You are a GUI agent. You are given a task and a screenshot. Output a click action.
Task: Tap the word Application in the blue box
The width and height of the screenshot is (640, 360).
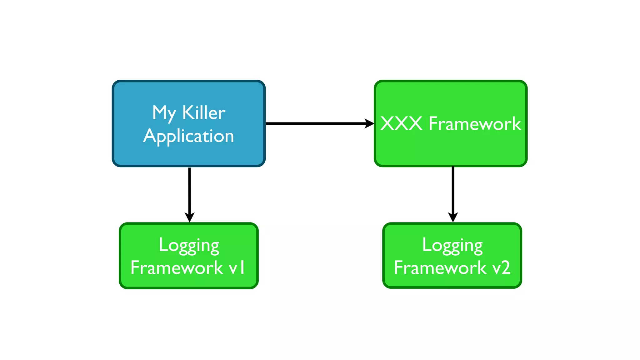[189, 136]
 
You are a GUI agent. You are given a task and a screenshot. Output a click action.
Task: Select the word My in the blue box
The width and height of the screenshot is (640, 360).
[164, 113]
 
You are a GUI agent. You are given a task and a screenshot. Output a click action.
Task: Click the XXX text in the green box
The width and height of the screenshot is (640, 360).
[402, 124]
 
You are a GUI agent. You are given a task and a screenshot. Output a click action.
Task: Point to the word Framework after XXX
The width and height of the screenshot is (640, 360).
[475, 124]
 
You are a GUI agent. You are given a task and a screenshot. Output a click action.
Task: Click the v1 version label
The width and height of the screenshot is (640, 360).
[237, 268]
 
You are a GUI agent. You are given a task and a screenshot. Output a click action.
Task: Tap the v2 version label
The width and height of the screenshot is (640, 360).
[501, 268]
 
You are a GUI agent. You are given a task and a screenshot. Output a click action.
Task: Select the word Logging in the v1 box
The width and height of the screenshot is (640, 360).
[189, 245]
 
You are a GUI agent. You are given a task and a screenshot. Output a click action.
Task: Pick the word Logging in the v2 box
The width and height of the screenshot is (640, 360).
[452, 245]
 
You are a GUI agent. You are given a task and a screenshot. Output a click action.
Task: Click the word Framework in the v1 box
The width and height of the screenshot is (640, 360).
[177, 268]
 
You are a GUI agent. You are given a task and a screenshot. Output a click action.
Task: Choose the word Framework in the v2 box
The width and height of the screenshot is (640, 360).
[440, 268]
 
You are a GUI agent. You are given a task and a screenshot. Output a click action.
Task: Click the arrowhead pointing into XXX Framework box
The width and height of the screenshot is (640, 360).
[370, 123]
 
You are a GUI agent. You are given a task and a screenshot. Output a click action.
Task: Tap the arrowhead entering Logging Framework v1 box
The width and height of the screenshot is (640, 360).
[190, 217]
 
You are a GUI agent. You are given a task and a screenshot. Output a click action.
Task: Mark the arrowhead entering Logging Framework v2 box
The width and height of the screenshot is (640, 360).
[453, 217]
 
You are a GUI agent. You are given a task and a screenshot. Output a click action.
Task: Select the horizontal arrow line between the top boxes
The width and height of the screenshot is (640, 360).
[316, 123]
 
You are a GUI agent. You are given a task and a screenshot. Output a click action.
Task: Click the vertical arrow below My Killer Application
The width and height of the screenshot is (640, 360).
[190, 191]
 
